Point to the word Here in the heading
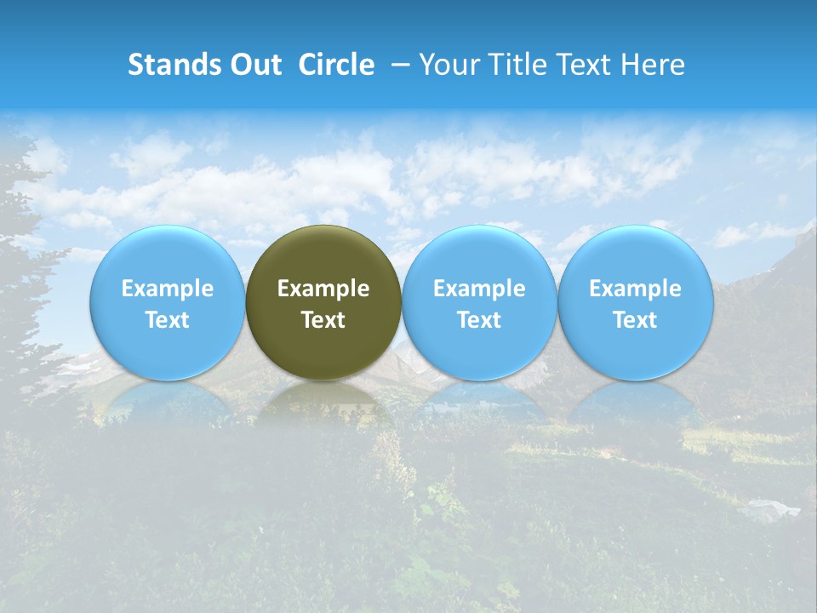pos(655,65)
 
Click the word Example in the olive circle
pos(323,289)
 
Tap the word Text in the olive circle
pos(323,320)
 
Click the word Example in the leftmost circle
pos(167,289)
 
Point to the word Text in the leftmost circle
pos(167,320)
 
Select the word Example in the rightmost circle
pos(635,289)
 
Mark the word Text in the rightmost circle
pos(635,320)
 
